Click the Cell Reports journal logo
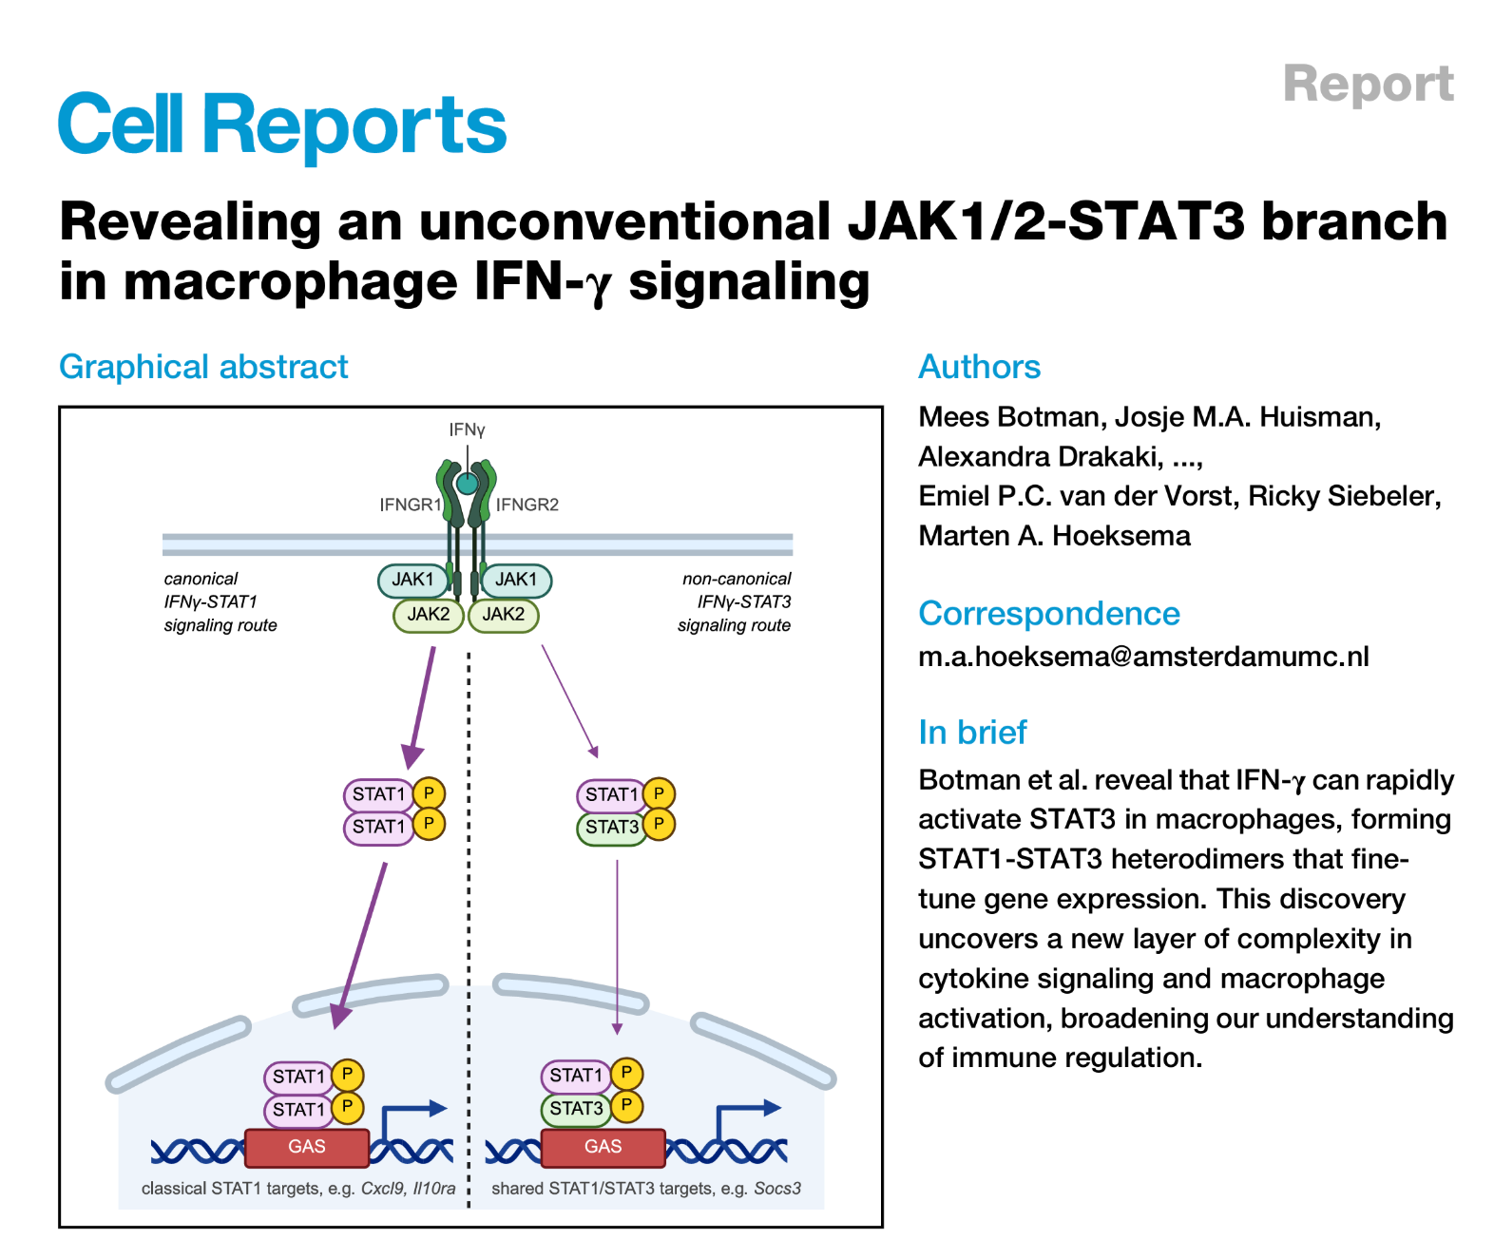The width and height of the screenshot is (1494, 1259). pyautogui.click(x=282, y=124)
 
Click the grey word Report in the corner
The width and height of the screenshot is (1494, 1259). pyautogui.click(x=1368, y=84)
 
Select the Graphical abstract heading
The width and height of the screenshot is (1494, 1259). pyautogui.click(x=203, y=367)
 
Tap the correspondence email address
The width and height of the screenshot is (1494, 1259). pyautogui.click(x=1143, y=657)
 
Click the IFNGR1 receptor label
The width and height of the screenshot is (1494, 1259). pyautogui.click(x=410, y=505)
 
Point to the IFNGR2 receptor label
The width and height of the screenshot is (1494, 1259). pyautogui.click(x=527, y=505)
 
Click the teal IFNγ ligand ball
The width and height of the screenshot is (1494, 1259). pyautogui.click(x=467, y=484)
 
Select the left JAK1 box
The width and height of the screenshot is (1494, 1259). pyautogui.click(x=412, y=580)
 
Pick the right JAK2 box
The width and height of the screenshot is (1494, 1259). pyautogui.click(x=503, y=615)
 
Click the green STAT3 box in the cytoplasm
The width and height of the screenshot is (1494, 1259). pyautogui.click(x=611, y=827)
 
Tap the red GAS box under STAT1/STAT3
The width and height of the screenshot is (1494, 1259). pyautogui.click(x=603, y=1147)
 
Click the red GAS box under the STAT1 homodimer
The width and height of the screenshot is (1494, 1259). pyautogui.click(x=306, y=1147)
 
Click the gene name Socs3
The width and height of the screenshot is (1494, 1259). pyautogui.click(x=777, y=1189)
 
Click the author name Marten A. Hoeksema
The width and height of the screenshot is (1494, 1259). pyautogui.click(x=1054, y=536)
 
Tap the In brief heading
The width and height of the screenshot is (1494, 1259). pyautogui.click(x=972, y=733)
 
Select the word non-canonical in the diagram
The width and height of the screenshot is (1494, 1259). pyautogui.click(x=737, y=579)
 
